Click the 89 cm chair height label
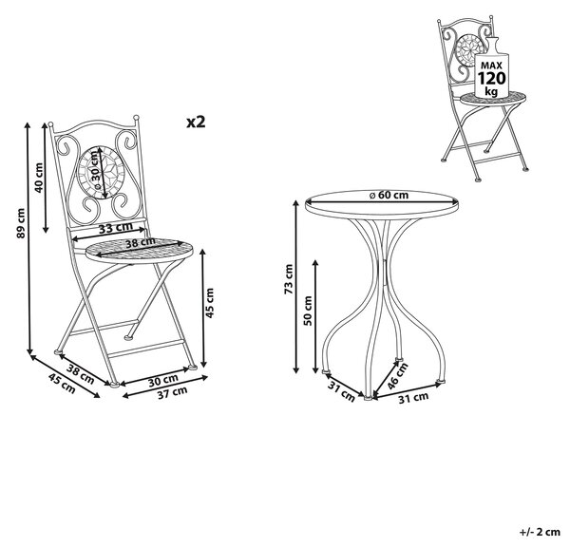[x=21, y=223]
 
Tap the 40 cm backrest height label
[x=38, y=178]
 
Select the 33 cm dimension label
[x=116, y=228]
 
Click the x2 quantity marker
[x=196, y=123]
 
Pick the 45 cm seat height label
[x=210, y=303]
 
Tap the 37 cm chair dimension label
[x=172, y=393]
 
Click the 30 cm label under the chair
[x=163, y=380]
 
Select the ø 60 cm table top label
[x=389, y=195]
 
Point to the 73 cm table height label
[x=288, y=279]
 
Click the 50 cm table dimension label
[x=308, y=311]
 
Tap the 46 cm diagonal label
[x=397, y=376]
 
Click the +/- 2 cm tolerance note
[x=540, y=532]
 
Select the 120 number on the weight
[x=491, y=79]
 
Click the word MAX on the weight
[x=491, y=66]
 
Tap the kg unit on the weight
[x=491, y=91]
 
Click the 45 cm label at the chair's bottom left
[x=62, y=384]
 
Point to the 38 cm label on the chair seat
[x=141, y=243]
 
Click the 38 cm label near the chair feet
[x=80, y=373]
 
